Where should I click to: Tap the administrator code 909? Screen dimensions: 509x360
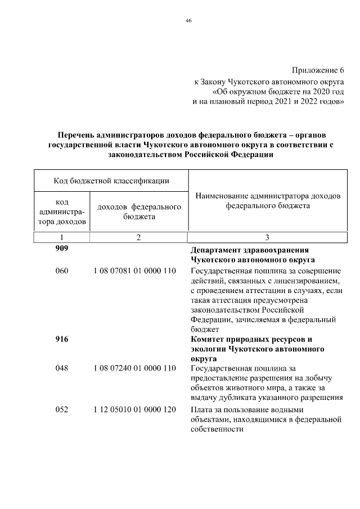[x=62, y=249]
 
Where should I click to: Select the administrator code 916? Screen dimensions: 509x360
[x=62, y=339]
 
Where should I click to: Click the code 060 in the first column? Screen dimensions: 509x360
[x=62, y=271]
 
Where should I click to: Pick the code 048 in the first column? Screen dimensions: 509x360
[x=62, y=368]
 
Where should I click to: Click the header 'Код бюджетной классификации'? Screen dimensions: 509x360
[x=112, y=181]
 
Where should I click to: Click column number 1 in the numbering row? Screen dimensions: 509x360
[x=62, y=238]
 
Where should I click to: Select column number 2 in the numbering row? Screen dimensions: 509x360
[x=138, y=238]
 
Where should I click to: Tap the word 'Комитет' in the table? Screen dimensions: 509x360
[x=207, y=339]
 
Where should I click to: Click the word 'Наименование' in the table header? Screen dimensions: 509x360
[x=224, y=196]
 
